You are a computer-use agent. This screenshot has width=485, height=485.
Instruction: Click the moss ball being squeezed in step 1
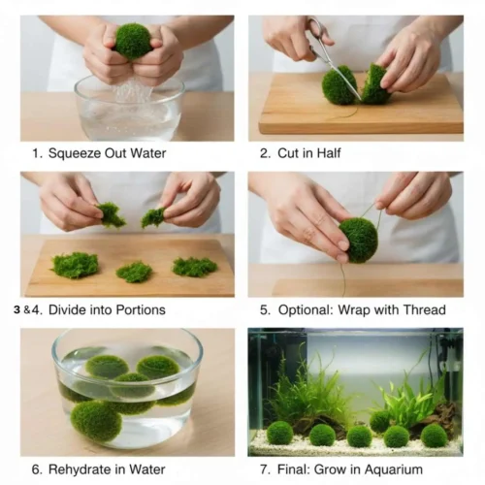click(133, 41)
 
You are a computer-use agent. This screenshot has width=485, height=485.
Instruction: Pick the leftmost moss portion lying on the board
click(75, 265)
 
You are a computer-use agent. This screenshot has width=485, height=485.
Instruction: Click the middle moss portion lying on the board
click(134, 272)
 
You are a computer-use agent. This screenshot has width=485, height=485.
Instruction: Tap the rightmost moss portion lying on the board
click(195, 266)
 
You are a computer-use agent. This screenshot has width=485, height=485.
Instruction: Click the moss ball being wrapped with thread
click(358, 240)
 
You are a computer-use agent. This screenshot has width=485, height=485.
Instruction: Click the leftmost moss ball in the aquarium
click(280, 432)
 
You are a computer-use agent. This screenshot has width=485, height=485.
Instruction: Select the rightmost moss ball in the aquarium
click(434, 436)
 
